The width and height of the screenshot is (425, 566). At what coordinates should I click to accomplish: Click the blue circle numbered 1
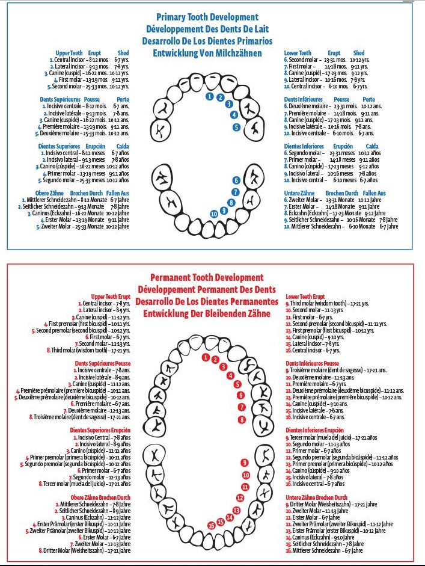click(209, 96)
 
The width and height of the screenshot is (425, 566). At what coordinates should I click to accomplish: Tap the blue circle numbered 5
click(237, 127)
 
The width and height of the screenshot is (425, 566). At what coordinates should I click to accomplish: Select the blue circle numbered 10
click(214, 214)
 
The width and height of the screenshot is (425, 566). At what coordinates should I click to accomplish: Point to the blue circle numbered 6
click(237, 180)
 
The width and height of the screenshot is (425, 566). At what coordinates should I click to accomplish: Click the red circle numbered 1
click(206, 358)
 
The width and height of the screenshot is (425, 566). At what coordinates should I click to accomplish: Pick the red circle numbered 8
click(242, 419)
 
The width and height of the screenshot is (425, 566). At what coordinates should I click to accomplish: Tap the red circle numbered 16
click(211, 525)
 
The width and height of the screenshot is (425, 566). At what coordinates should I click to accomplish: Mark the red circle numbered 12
click(240, 497)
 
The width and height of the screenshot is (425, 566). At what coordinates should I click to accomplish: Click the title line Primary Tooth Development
click(207, 17)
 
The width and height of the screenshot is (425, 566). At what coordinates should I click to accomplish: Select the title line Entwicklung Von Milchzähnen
click(207, 53)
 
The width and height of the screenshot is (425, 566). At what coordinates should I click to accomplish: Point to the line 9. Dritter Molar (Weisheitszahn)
click(325, 504)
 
